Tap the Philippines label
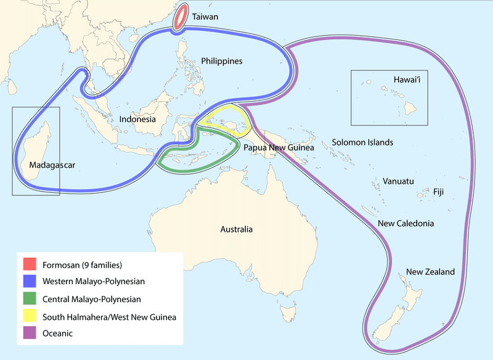tap(221, 61)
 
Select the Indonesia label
tap(137, 120)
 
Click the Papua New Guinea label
tap(279, 148)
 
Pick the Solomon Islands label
tap(362, 142)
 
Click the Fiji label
tap(438, 192)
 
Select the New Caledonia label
tap(405, 223)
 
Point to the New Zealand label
tap(430, 272)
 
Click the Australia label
tap(237, 229)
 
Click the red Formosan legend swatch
tap(30, 265)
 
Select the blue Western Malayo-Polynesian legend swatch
tap(30, 282)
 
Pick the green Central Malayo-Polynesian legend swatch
tap(30, 299)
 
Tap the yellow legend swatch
tap(30, 316)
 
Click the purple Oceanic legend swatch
tap(30, 333)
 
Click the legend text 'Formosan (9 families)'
tap(83, 265)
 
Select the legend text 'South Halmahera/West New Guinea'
tap(109, 316)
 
